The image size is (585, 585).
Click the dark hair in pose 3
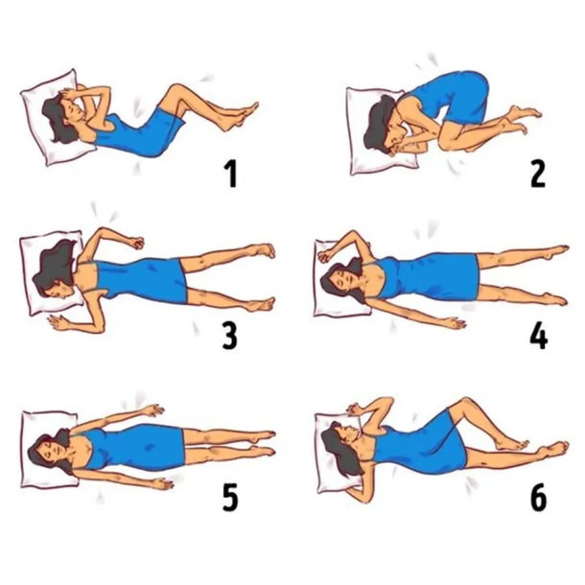53,269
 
